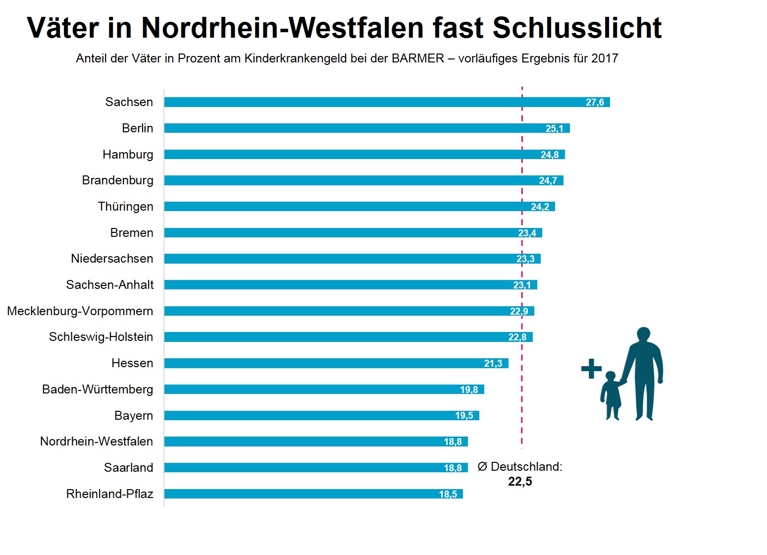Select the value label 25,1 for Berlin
[x=554, y=129]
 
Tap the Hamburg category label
[x=128, y=155]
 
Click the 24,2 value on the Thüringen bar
[x=540, y=207]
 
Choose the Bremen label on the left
[x=132, y=233]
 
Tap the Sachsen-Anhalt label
[x=110, y=285]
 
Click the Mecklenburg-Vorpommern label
[x=80, y=311]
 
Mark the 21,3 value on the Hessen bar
[x=493, y=364]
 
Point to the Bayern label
[x=134, y=416]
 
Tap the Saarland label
[x=129, y=468]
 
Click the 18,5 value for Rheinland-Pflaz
[x=448, y=495]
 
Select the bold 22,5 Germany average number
[x=520, y=482]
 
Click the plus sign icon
[x=591, y=369]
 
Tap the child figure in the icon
[x=612, y=395]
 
